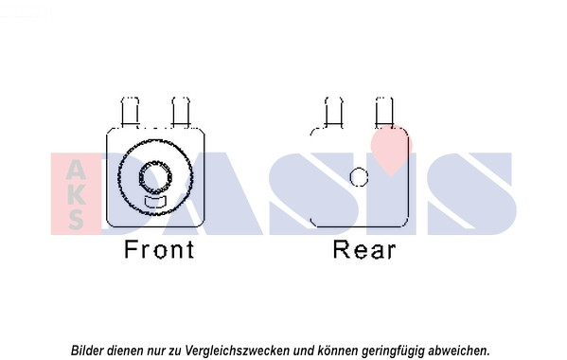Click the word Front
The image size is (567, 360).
tap(159, 249)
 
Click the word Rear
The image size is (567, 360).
tap(364, 249)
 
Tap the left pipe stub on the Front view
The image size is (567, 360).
tap(130, 112)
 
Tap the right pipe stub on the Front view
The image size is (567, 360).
tap(181, 112)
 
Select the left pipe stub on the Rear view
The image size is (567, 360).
tap(334, 112)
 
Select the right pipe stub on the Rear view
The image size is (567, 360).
tap(384, 112)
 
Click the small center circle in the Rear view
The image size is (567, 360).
tap(359, 177)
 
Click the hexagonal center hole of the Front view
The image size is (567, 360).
tap(155, 177)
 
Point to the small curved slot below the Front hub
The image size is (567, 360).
tap(155, 202)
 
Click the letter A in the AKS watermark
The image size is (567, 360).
tap(76, 170)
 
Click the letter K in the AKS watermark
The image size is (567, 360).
tap(76, 194)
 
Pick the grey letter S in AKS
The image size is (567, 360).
tap(76, 219)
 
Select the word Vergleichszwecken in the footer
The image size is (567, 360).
tap(238, 351)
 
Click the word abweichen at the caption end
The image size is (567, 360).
tap(458, 351)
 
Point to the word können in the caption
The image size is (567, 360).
tap(338, 351)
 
